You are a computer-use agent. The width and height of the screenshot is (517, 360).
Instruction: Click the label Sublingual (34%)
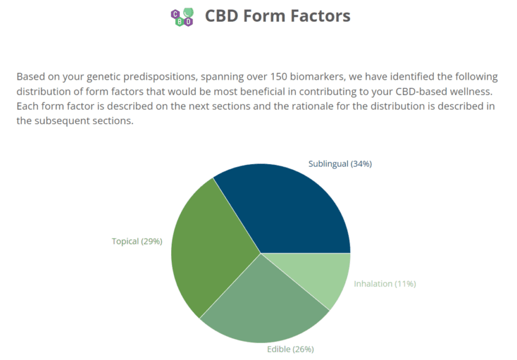click(340, 164)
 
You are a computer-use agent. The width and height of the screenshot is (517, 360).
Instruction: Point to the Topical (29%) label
click(137, 241)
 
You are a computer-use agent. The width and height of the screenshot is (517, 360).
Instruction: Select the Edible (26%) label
click(290, 349)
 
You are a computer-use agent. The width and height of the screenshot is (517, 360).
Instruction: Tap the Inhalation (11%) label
click(385, 284)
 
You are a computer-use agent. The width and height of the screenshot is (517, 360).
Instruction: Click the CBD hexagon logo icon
click(182, 17)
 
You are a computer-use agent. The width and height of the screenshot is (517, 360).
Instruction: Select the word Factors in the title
click(320, 16)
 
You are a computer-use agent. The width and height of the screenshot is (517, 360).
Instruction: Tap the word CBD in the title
click(222, 16)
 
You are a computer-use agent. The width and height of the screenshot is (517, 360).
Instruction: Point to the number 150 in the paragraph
click(279, 77)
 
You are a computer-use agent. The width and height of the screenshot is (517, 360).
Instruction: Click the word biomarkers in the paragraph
click(317, 77)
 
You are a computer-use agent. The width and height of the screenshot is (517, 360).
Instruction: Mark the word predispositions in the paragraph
click(161, 77)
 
